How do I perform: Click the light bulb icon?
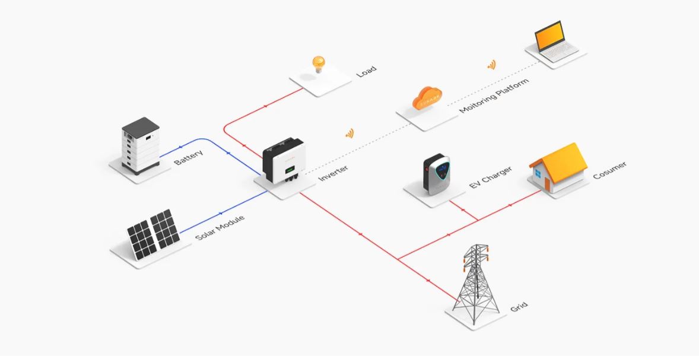pyautogui.click(x=318, y=65)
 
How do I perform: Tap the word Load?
pyautogui.click(x=367, y=71)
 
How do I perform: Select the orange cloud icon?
pyautogui.click(x=427, y=98)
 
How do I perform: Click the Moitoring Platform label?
pyautogui.click(x=494, y=95)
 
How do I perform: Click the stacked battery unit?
pyautogui.click(x=141, y=146)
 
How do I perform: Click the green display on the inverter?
pyautogui.click(x=290, y=169)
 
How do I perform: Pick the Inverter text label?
pyautogui.click(x=333, y=173)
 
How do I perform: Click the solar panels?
pyautogui.click(x=153, y=234)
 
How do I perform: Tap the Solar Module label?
pyautogui.click(x=220, y=227)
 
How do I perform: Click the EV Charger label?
pyautogui.click(x=490, y=177)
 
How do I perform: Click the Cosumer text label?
pyautogui.click(x=609, y=170)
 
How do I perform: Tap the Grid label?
pyautogui.click(x=519, y=307)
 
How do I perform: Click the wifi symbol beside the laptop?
pyautogui.click(x=491, y=65)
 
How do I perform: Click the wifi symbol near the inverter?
pyautogui.click(x=349, y=133)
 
